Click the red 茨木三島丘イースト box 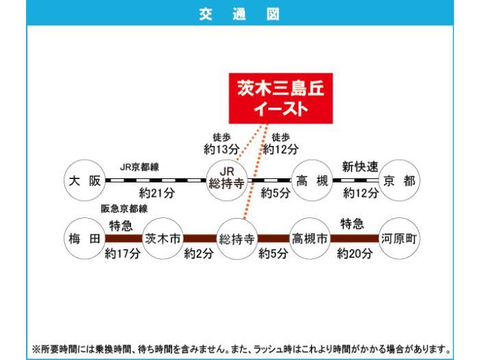point(280,98)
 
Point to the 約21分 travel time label point(157,193)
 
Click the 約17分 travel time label point(123,253)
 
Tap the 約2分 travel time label point(199,253)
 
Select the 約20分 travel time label point(355,253)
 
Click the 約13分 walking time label point(221,149)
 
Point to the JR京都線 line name point(139,167)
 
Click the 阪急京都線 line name point(124,208)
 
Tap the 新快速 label point(360,167)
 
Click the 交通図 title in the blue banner point(239,14)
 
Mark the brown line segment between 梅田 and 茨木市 point(124,239)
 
